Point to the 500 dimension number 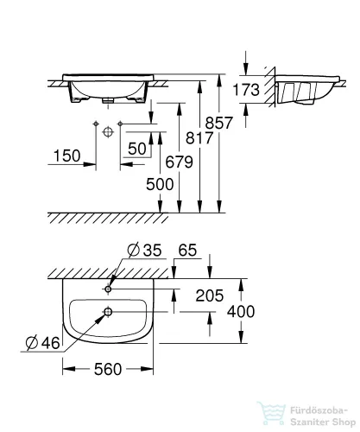[x=160, y=183]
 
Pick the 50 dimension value [x=136, y=149]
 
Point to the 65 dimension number [x=187, y=251]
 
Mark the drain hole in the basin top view [x=108, y=312]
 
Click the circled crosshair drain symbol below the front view [x=108, y=132]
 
